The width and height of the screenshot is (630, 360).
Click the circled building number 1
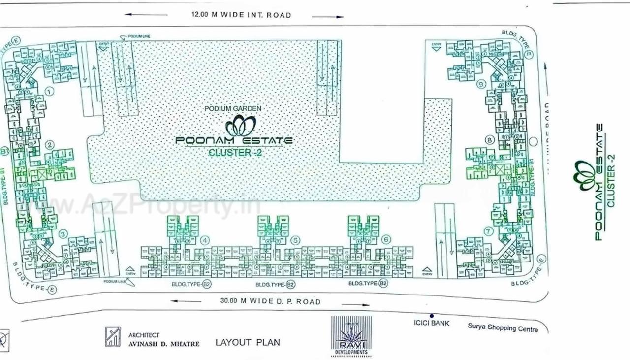[x=49, y=91]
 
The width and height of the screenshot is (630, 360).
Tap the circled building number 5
[x=295, y=240]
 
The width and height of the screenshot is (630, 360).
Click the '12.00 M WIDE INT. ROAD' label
[x=241, y=15]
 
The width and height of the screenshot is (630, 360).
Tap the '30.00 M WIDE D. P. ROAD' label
[x=271, y=301]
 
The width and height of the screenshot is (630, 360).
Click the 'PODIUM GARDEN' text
[x=233, y=108]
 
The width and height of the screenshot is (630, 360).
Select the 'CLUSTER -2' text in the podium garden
[x=235, y=153]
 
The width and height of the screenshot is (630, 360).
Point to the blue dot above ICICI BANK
[x=432, y=316]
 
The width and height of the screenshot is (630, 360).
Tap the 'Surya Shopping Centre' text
[x=503, y=327]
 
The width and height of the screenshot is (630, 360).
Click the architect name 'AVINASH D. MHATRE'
[x=164, y=344]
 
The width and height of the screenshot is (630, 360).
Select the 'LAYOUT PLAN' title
[x=248, y=342]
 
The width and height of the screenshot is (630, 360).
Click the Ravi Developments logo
[x=351, y=336]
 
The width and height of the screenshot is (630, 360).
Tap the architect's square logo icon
[x=113, y=337]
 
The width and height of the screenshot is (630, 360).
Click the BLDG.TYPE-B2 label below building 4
[x=192, y=284]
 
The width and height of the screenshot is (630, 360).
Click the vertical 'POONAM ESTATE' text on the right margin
[x=599, y=182]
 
